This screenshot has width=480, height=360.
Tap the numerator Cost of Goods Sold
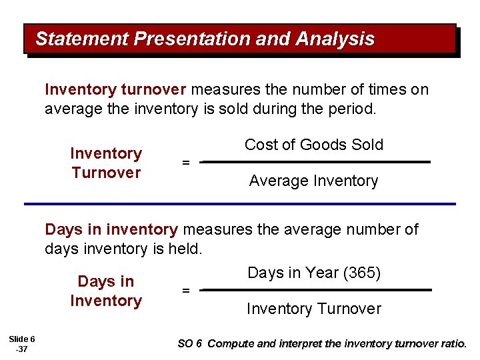pyautogui.click(x=314, y=145)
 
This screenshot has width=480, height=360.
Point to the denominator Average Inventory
pyautogui.click(x=313, y=181)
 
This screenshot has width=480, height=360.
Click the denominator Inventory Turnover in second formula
pyautogui.click(x=313, y=309)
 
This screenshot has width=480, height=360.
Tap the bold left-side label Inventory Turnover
pyautogui.click(x=106, y=163)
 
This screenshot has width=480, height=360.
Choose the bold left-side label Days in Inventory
pyautogui.click(x=106, y=291)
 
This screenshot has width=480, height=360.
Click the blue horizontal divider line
pyautogui.click(x=240, y=203)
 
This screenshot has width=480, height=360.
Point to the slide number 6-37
pyautogui.click(x=23, y=344)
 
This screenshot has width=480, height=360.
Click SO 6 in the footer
pyautogui.click(x=189, y=344)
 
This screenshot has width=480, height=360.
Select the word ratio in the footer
pyautogui.click(x=453, y=344)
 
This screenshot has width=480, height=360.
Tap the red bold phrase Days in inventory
pyautogui.click(x=111, y=230)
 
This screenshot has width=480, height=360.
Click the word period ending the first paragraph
pyautogui.click(x=355, y=109)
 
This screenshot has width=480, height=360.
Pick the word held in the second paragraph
pyautogui.click(x=186, y=249)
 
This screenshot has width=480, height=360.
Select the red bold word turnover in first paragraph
pyautogui.click(x=156, y=89)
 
